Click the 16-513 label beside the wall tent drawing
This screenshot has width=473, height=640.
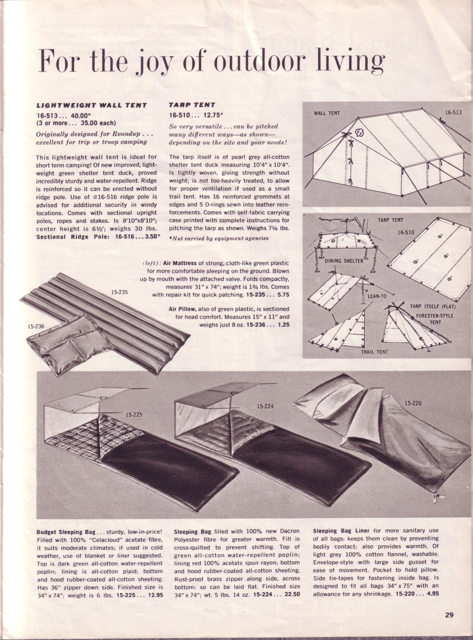(453, 112)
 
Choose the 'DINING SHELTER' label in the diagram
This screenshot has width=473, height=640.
(344, 261)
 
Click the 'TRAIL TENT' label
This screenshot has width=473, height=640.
(374, 352)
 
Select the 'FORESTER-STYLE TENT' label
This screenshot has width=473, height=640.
(434, 318)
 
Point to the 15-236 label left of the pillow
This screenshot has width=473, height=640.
(37, 326)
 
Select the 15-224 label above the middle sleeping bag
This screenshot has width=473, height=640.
(265, 406)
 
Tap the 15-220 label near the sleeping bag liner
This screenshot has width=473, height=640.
(413, 403)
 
